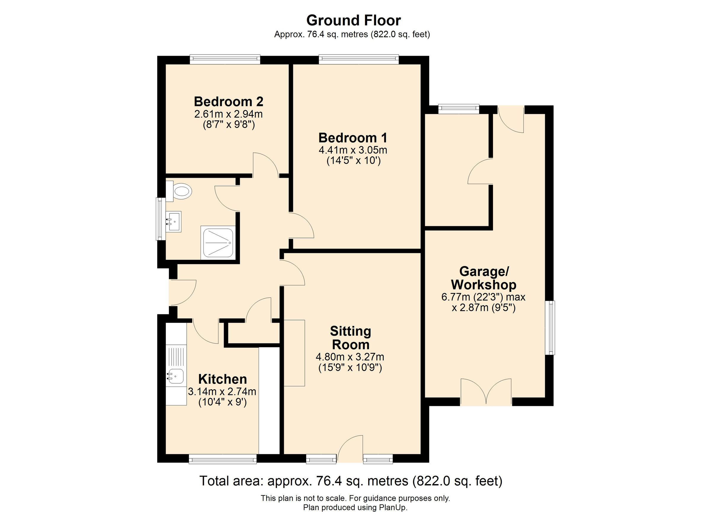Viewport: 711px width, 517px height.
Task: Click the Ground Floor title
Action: pyautogui.click(x=353, y=21)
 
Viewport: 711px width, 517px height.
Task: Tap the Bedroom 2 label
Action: pyautogui.click(x=228, y=102)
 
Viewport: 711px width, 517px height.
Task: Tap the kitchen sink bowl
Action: pyautogui.click(x=176, y=376)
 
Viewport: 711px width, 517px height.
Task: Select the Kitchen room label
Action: pyautogui.click(x=222, y=379)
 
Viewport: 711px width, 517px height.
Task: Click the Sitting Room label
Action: pyautogui.click(x=350, y=338)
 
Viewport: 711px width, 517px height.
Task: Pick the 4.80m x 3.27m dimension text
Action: pyautogui.click(x=350, y=357)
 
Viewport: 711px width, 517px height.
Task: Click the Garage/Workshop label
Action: pyautogui.click(x=484, y=278)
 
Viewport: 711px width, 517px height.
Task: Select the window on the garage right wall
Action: pyautogui.click(x=550, y=328)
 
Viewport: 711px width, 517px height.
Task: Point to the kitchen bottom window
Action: pyautogui.click(x=223, y=459)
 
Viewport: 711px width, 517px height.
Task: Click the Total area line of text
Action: pyautogui.click(x=351, y=481)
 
